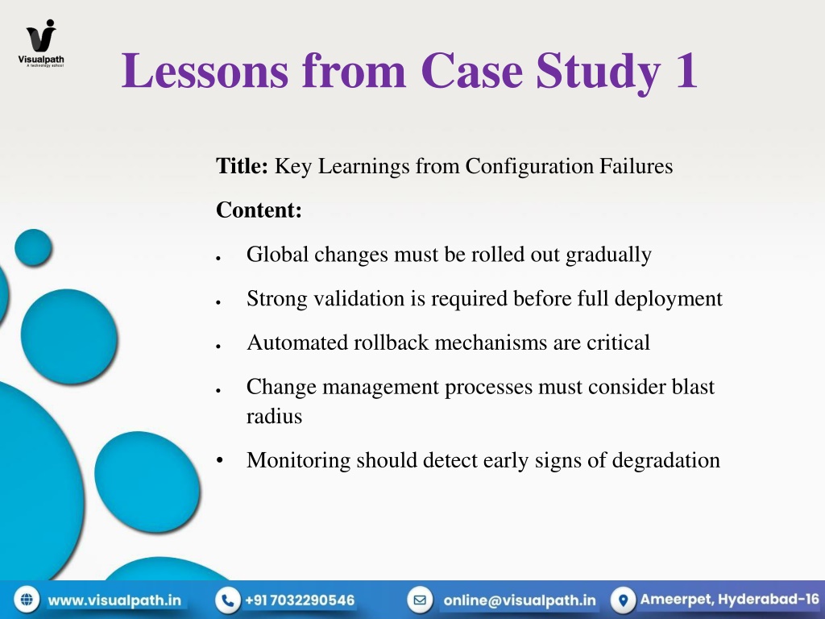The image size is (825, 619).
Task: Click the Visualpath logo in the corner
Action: pyautogui.click(x=41, y=44)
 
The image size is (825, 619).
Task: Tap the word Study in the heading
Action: pyautogui.click(x=599, y=73)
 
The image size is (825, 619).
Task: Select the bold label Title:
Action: pyautogui.click(x=242, y=166)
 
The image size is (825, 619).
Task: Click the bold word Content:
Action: pyautogui.click(x=259, y=210)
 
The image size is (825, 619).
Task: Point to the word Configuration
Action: pyautogui.click(x=529, y=167)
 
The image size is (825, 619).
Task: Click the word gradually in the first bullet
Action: pyautogui.click(x=609, y=255)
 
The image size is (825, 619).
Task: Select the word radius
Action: pyautogui.click(x=274, y=417)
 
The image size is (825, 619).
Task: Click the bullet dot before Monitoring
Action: pyautogui.click(x=220, y=460)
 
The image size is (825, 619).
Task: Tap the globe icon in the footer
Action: pyautogui.click(x=27, y=600)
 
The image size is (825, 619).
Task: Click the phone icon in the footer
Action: pyautogui.click(x=228, y=600)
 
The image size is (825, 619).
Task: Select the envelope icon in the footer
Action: pyautogui.click(x=420, y=600)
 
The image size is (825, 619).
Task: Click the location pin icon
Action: pyautogui.click(x=624, y=600)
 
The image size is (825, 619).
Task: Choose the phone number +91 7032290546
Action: pyautogui.click(x=300, y=600)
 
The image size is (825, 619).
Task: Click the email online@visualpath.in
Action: pyautogui.click(x=520, y=600)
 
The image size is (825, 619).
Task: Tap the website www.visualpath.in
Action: pyautogui.click(x=114, y=600)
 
